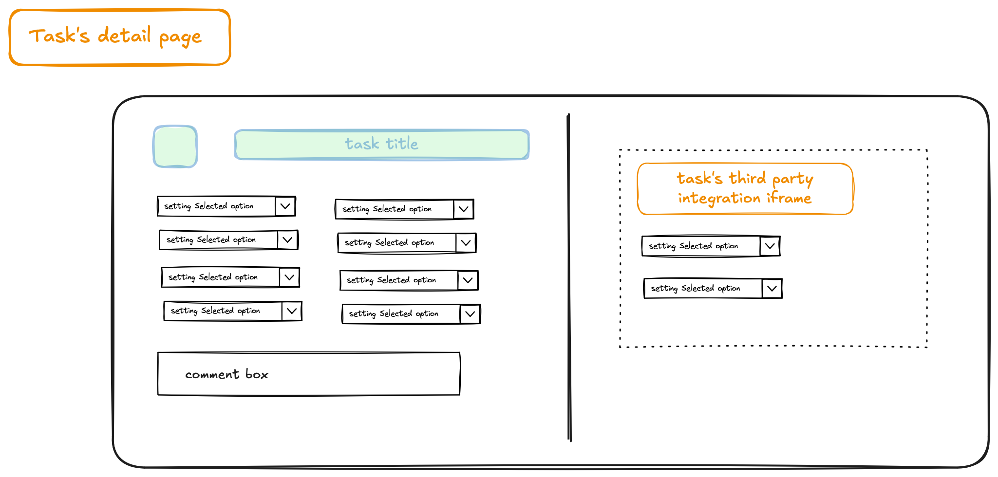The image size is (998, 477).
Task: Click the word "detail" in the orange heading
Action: click(124, 35)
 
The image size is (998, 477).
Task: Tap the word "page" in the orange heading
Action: click(180, 38)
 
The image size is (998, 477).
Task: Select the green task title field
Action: click(382, 145)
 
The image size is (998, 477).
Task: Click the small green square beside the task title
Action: click(175, 147)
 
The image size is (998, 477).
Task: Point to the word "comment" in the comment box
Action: click(212, 374)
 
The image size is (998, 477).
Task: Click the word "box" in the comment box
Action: click(257, 374)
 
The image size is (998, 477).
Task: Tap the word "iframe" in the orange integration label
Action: click(789, 198)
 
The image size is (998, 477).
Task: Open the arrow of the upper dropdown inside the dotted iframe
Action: click(770, 246)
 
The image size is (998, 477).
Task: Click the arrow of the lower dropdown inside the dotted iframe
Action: click(772, 288)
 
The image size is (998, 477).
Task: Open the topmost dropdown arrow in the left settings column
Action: click(285, 206)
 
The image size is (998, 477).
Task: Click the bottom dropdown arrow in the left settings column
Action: click(291, 311)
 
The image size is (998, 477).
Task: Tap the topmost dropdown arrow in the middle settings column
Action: click(463, 209)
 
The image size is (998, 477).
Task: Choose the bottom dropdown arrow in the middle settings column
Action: click(470, 313)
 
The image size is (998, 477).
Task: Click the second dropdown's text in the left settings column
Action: click(211, 239)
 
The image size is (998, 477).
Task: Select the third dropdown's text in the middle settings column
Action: click(391, 280)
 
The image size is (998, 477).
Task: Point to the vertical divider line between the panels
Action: click(569, 277)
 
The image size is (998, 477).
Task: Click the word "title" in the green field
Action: click(402, 144)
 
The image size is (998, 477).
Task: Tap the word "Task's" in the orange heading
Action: click(59, 36)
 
